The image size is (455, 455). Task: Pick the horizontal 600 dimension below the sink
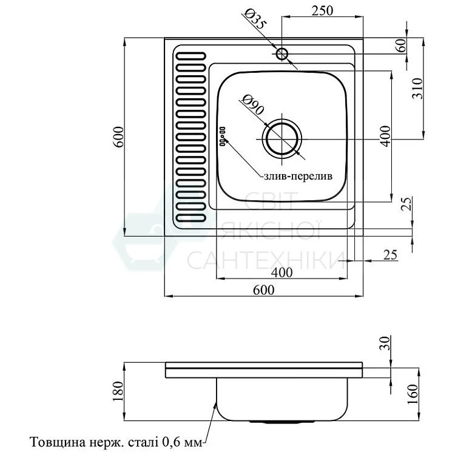click(x=264, y=290)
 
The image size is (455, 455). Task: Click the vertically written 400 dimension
click(x=383, y=136)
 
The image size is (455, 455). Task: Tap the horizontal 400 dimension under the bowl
click(x=281, y=272)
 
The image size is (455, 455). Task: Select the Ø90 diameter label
click(x=252, y=104)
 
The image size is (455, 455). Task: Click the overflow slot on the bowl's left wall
click(x=222, y=136)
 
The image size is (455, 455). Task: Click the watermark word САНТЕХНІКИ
click(x=261, y=260)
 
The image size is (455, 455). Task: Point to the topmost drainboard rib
click(x=189, y=55)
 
